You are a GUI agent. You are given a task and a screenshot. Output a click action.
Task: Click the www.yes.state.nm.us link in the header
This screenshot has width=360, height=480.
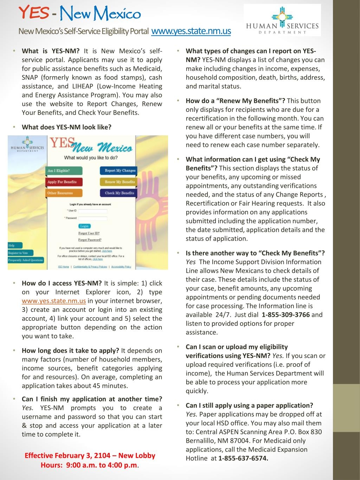tap(191, 31)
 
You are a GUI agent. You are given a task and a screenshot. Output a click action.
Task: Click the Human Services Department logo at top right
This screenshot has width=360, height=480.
tap(282, 20)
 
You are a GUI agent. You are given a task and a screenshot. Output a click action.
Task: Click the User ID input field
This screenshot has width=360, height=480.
tap(92, 211)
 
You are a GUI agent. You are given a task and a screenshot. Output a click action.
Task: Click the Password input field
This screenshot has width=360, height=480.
tap(92, 218)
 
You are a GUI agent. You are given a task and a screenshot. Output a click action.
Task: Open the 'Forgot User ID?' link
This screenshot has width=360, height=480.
tap(89, 233)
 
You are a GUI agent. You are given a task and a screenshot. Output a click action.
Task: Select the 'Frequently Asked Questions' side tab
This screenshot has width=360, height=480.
tap(25, 260)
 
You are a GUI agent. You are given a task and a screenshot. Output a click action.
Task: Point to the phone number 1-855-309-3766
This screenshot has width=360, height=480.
tap(286, 315)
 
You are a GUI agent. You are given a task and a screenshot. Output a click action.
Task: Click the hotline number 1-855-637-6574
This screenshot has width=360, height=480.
tap(243, 458)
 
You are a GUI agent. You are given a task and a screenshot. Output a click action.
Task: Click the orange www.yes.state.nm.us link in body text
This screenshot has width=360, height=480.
tap(54, 301)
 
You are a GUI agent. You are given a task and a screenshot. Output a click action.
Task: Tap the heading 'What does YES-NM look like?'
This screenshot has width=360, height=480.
tap(66, 127)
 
